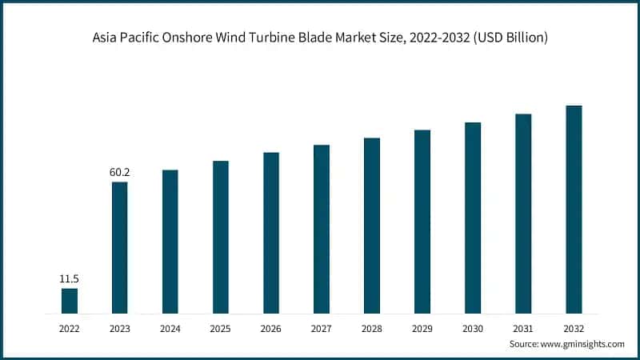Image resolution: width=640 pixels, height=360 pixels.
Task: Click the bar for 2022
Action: tap(70, 300)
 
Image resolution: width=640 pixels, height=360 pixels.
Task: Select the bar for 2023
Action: tap(119, 247)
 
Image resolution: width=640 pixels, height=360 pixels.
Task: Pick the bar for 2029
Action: tap(422, 221)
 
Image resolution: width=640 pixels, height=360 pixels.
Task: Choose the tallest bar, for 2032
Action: tap(574, 209)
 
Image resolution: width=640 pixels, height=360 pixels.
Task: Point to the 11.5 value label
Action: tap(70, 278)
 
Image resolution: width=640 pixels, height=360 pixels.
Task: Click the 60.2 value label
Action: tap(119, 172)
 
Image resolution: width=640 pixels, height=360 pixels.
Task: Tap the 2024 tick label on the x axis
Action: tap(170, 328)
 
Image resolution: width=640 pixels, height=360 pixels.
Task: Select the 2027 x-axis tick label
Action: tap(322, 328)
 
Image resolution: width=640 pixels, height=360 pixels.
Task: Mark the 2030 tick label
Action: tap(473, 328)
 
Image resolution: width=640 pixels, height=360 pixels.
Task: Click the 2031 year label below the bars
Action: tap(523, 328)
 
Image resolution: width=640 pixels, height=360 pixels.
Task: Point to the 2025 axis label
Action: tap(220, 328)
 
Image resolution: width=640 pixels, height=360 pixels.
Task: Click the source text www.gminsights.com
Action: tap(583, 343)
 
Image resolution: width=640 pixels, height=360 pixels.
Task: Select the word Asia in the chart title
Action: tap(106, 38)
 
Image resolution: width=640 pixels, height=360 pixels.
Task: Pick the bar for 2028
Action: tap(372, 225)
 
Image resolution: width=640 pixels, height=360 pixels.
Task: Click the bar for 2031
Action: tap(523, 213)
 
